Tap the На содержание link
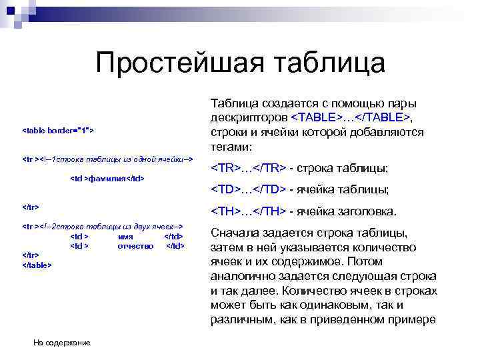[x=61, y=343]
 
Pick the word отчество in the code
[x=135, y=245]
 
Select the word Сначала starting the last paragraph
[x=234, y=233]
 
